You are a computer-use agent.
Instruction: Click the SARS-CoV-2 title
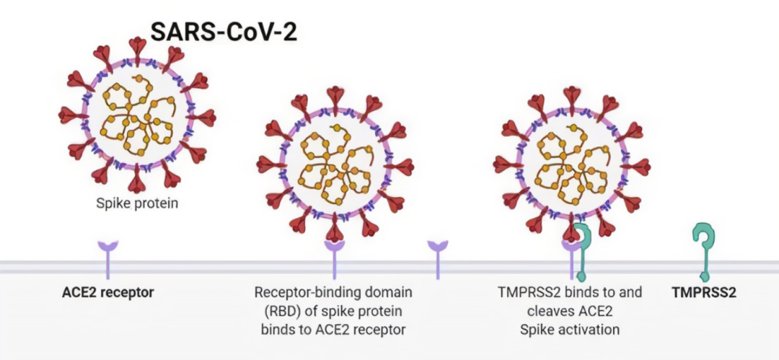(x=224, y=31)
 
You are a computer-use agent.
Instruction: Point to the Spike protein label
(x=137, y=203)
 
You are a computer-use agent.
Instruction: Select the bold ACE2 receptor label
(x=107, y=293)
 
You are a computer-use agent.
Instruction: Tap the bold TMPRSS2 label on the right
(x=704, y=293)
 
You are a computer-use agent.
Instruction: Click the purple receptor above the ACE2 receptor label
(x=107, y=257)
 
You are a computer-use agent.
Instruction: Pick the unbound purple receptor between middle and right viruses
(x=437, y=257)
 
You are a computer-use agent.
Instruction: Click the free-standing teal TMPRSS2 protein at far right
(x=703, y=249)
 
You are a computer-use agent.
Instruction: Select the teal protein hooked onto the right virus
(x=581, y=249)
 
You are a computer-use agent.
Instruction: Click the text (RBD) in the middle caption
(x=276, y=311)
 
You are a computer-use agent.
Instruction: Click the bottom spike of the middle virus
(x=335, y=229)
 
